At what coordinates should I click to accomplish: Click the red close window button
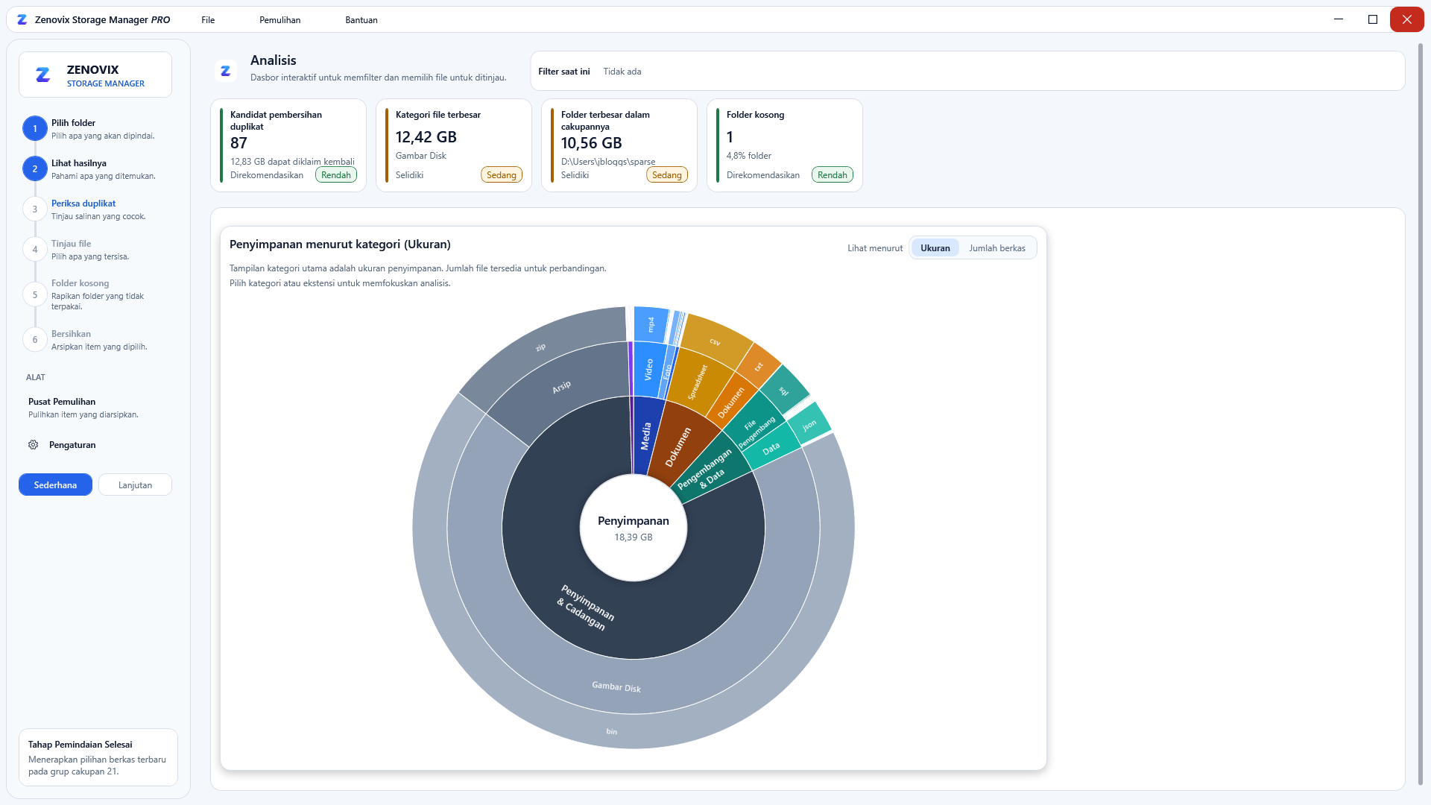[x=1406, y=19]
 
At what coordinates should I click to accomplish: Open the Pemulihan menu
[x=279, y=20]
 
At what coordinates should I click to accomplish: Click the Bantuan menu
[x=361, y=20]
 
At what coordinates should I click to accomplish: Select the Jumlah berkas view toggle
[x=997, y=248]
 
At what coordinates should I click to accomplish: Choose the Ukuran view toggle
[x=935, y=248]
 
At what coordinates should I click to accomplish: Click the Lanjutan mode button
[x=135, y=484]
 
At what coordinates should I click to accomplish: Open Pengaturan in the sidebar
[x=72, y=445]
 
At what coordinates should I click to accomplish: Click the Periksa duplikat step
[x=83, y=203]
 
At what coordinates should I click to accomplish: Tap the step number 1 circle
[x=35, y=128]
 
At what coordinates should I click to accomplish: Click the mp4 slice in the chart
[x=651, y=324]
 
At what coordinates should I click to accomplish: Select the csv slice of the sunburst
[x=715, y=341]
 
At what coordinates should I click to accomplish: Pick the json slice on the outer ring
[x=809, y=425]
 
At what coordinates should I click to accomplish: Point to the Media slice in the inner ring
[x=646, y=436]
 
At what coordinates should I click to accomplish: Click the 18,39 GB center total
[x=634, y=537]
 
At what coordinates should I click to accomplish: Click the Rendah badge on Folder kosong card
[x=832, y=175]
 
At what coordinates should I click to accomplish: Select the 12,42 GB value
[x=426, y=137]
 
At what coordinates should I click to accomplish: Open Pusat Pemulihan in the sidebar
[x=62, y=402]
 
